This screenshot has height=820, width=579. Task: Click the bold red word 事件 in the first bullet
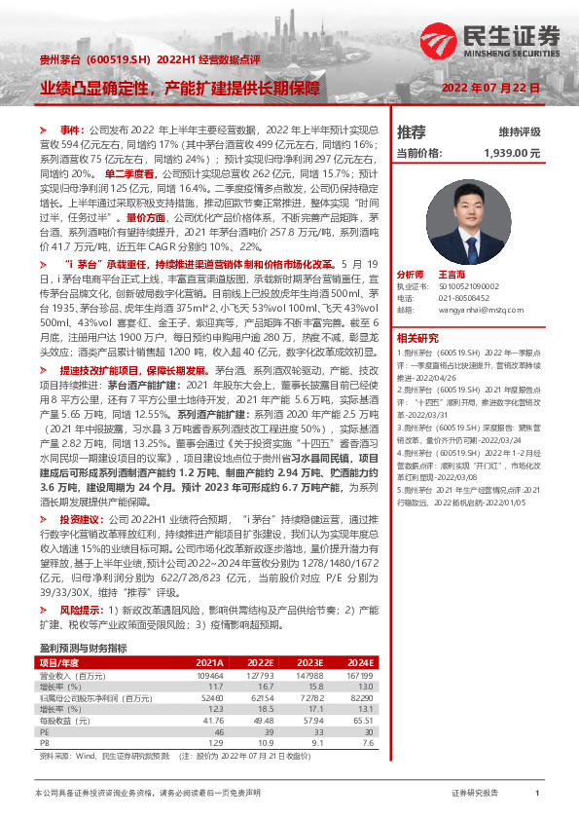pos(73,130)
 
